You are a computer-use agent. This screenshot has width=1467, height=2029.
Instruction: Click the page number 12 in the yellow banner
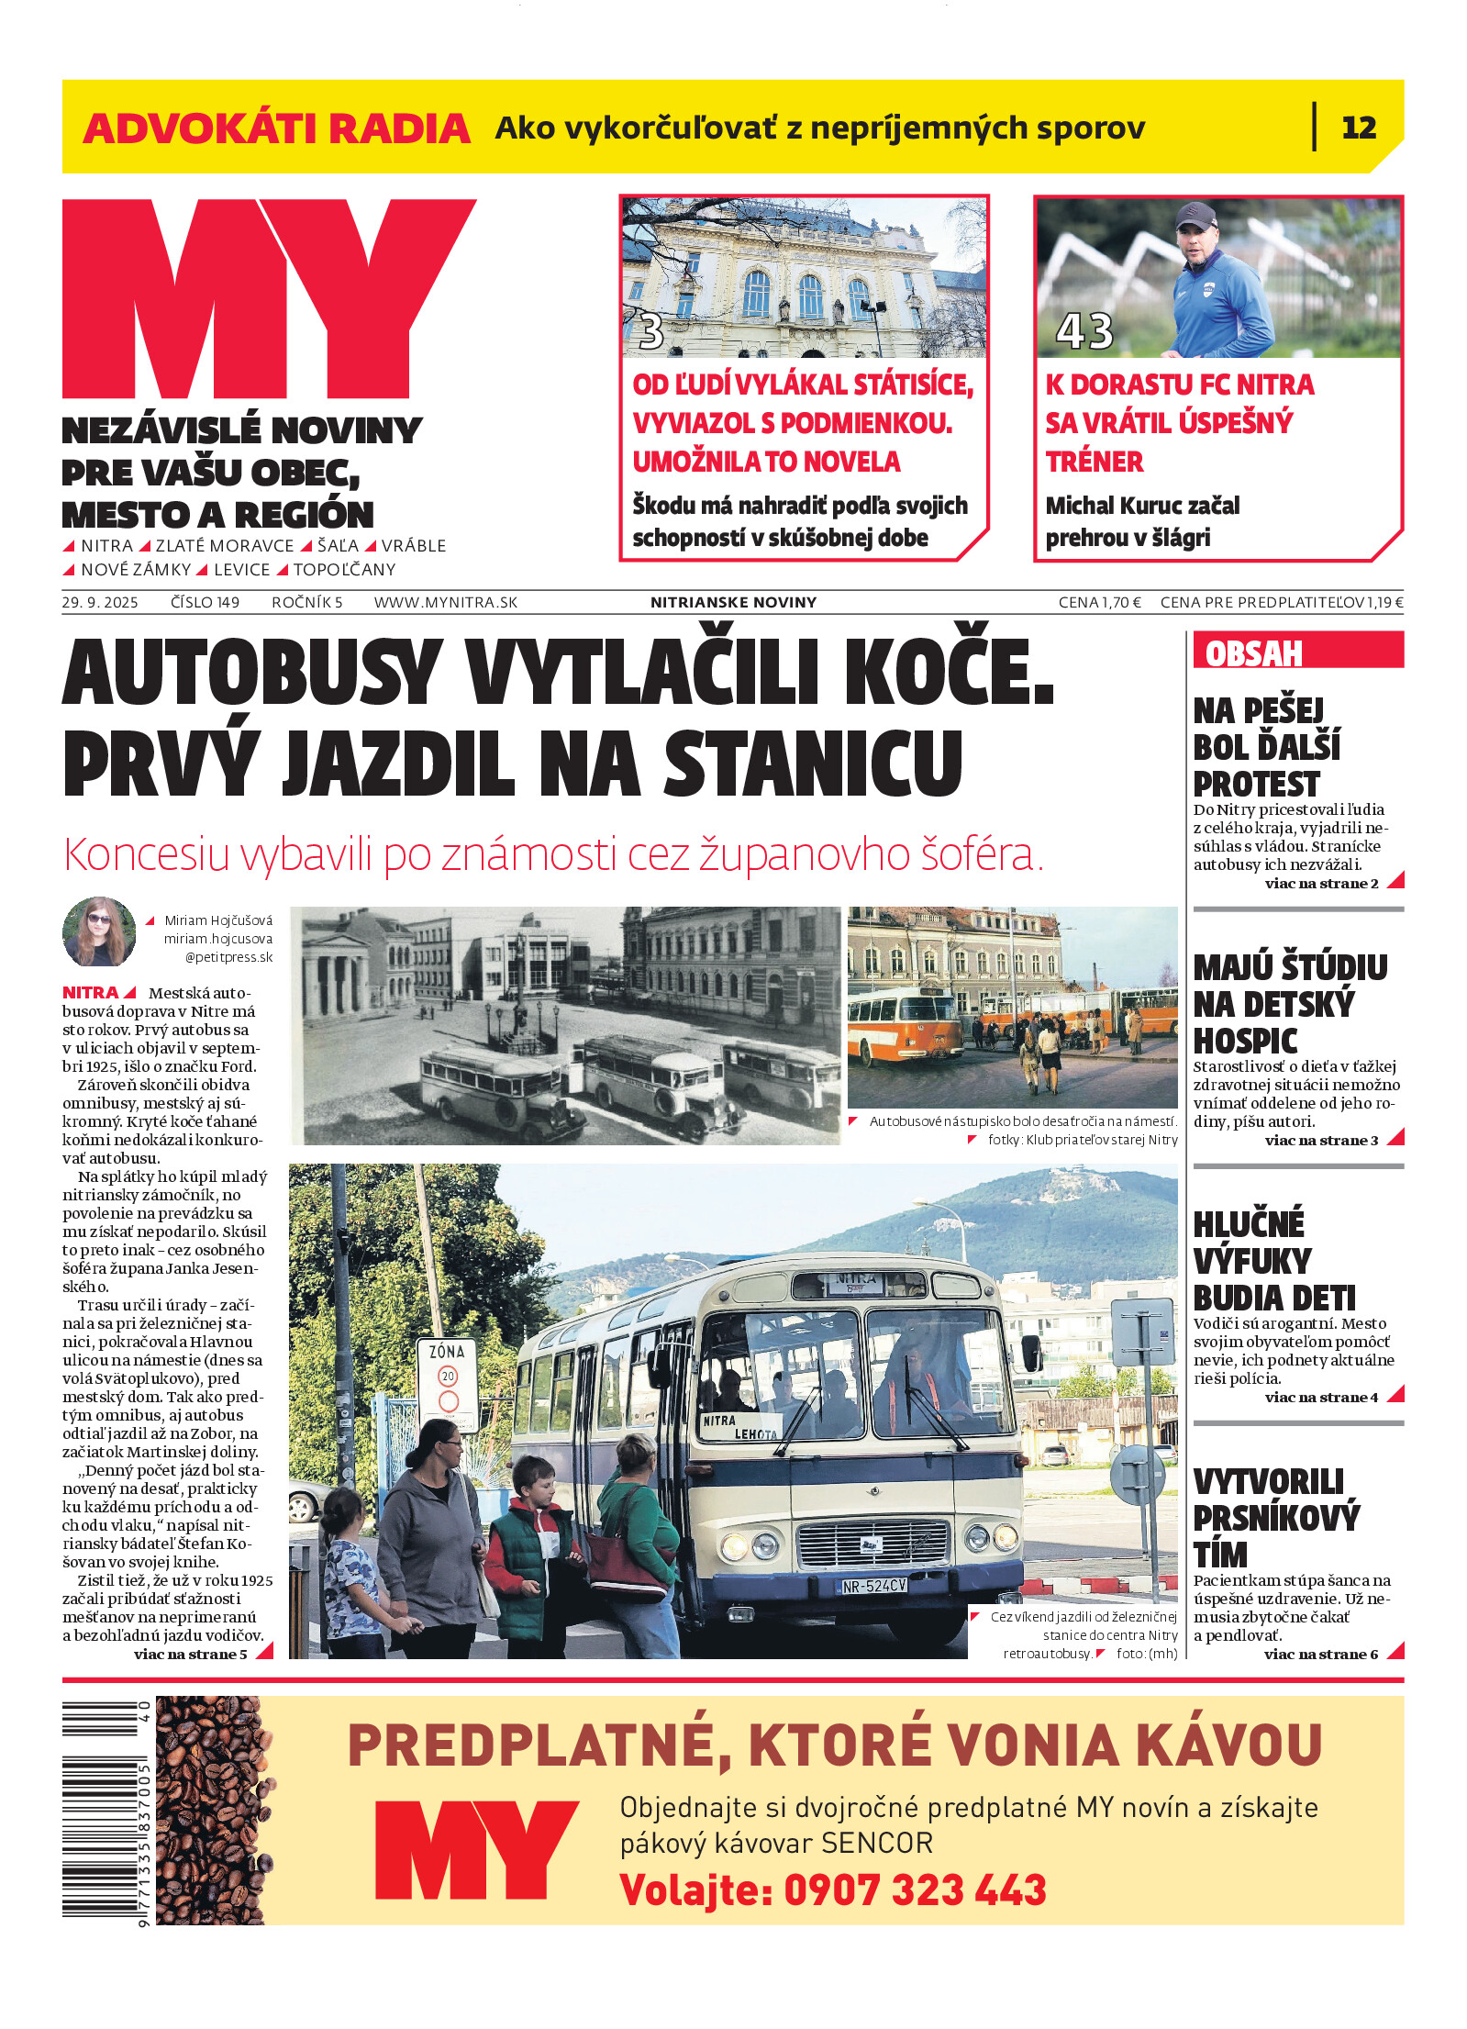(x=1358, y=128)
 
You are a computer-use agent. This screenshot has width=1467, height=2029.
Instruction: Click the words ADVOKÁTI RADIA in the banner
(x=276, y=128)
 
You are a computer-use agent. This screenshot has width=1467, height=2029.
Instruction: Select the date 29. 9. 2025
(x=100, y=602)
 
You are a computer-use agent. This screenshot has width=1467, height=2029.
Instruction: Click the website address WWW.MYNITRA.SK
(x=445, y=602)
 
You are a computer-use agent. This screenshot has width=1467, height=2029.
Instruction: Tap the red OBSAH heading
(x=1253, y=653)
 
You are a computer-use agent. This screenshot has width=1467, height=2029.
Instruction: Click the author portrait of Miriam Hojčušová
(x=99, y=931)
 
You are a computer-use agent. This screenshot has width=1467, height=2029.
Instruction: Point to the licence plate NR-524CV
(x=873, y=1585)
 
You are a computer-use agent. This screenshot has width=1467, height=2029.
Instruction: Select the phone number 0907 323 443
(x=915, y=1890)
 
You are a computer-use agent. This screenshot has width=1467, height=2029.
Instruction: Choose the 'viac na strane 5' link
(x=191, y=1654)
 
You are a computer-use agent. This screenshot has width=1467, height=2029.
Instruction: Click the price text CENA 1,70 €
(x=1099, y=602)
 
